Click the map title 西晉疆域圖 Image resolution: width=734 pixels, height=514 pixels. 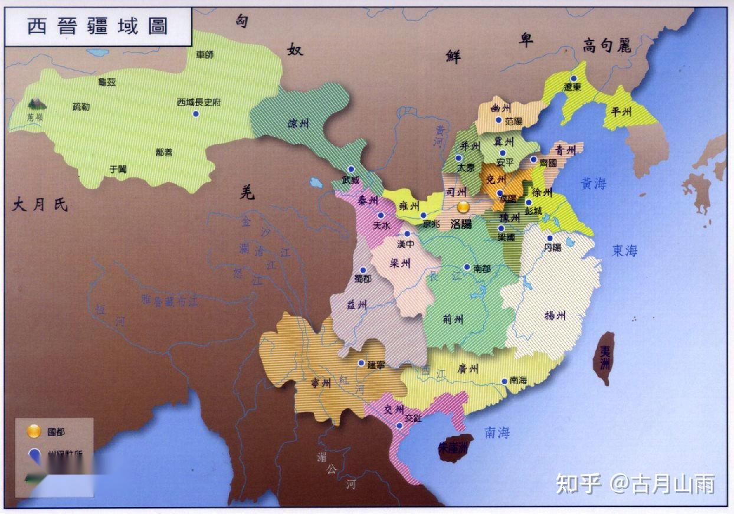98,27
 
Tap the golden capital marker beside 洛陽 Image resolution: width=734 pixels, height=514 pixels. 464,208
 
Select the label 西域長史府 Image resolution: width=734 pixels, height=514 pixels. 199,102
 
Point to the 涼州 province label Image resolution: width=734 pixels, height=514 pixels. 298,124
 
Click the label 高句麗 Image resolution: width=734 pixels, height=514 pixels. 607,45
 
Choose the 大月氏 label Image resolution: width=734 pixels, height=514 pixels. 40,205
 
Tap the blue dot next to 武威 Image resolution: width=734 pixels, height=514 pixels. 351,169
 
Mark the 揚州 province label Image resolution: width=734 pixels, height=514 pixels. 555,316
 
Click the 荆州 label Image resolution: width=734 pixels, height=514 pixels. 453,320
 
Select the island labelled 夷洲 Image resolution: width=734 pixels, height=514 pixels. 604,357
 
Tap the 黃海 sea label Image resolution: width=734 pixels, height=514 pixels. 593,184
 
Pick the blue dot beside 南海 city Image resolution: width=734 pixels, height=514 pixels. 504,381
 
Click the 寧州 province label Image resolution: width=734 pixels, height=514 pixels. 321,383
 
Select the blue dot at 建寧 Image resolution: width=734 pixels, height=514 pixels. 361,363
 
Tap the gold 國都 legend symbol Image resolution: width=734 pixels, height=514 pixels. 34,431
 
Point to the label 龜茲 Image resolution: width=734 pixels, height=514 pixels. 107,82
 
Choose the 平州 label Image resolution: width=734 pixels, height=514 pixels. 621,110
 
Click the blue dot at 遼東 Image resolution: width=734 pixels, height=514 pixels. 573,78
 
